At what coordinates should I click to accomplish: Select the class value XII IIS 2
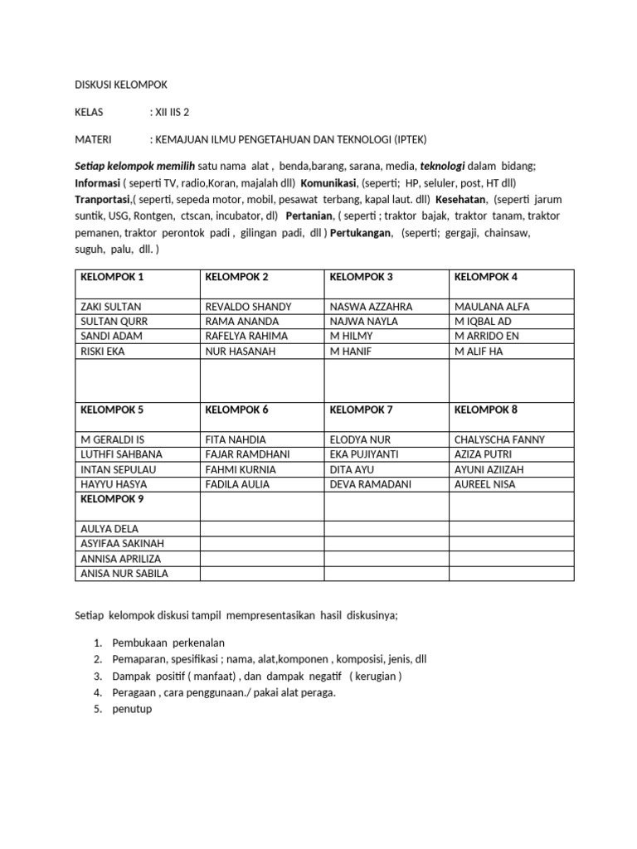click(x=174, y=112)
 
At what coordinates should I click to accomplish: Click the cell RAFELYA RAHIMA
click(x=246, y=337)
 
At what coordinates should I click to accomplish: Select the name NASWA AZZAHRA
click(x=371, y=307)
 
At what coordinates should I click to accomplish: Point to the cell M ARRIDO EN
click(x=487, y=337)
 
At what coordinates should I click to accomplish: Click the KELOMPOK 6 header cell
click(x=236, y=410)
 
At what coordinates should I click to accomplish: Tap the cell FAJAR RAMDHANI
click(x=247, y=454)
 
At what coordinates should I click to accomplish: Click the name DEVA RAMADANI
click(x=370, y=484)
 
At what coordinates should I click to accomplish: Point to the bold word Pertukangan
click(x=361, y=234)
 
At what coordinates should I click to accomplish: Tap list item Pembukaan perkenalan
click(x=167, y=643)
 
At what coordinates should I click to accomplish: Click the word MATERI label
click(x=93, y=139)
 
